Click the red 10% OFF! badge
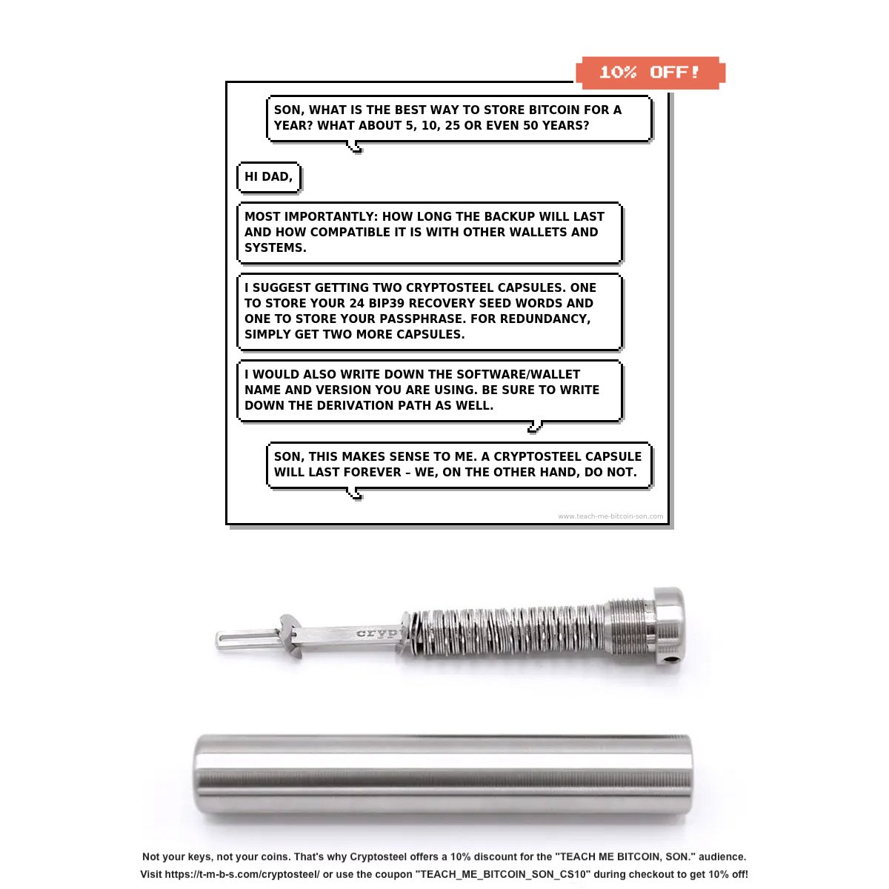pyautogui.click(x=650, y=73)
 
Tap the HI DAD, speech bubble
pyautogui.click(x=268, y=177)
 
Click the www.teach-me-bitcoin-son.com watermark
pyautogui.click(x=610, y=516)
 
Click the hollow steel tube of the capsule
pyautogui.click(x=442, y=776)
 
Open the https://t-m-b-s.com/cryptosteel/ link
pyautogui.click(x=242, y=873)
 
